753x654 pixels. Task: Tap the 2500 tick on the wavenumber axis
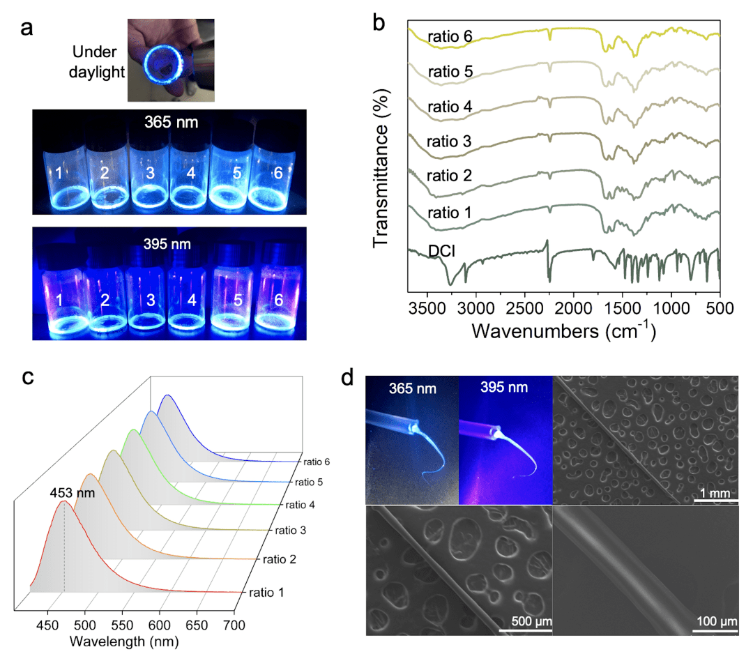(524, 307)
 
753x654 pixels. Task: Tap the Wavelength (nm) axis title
(126, 640)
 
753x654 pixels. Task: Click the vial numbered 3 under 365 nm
(150, 173)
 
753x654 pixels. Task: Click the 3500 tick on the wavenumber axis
(426, 307)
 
